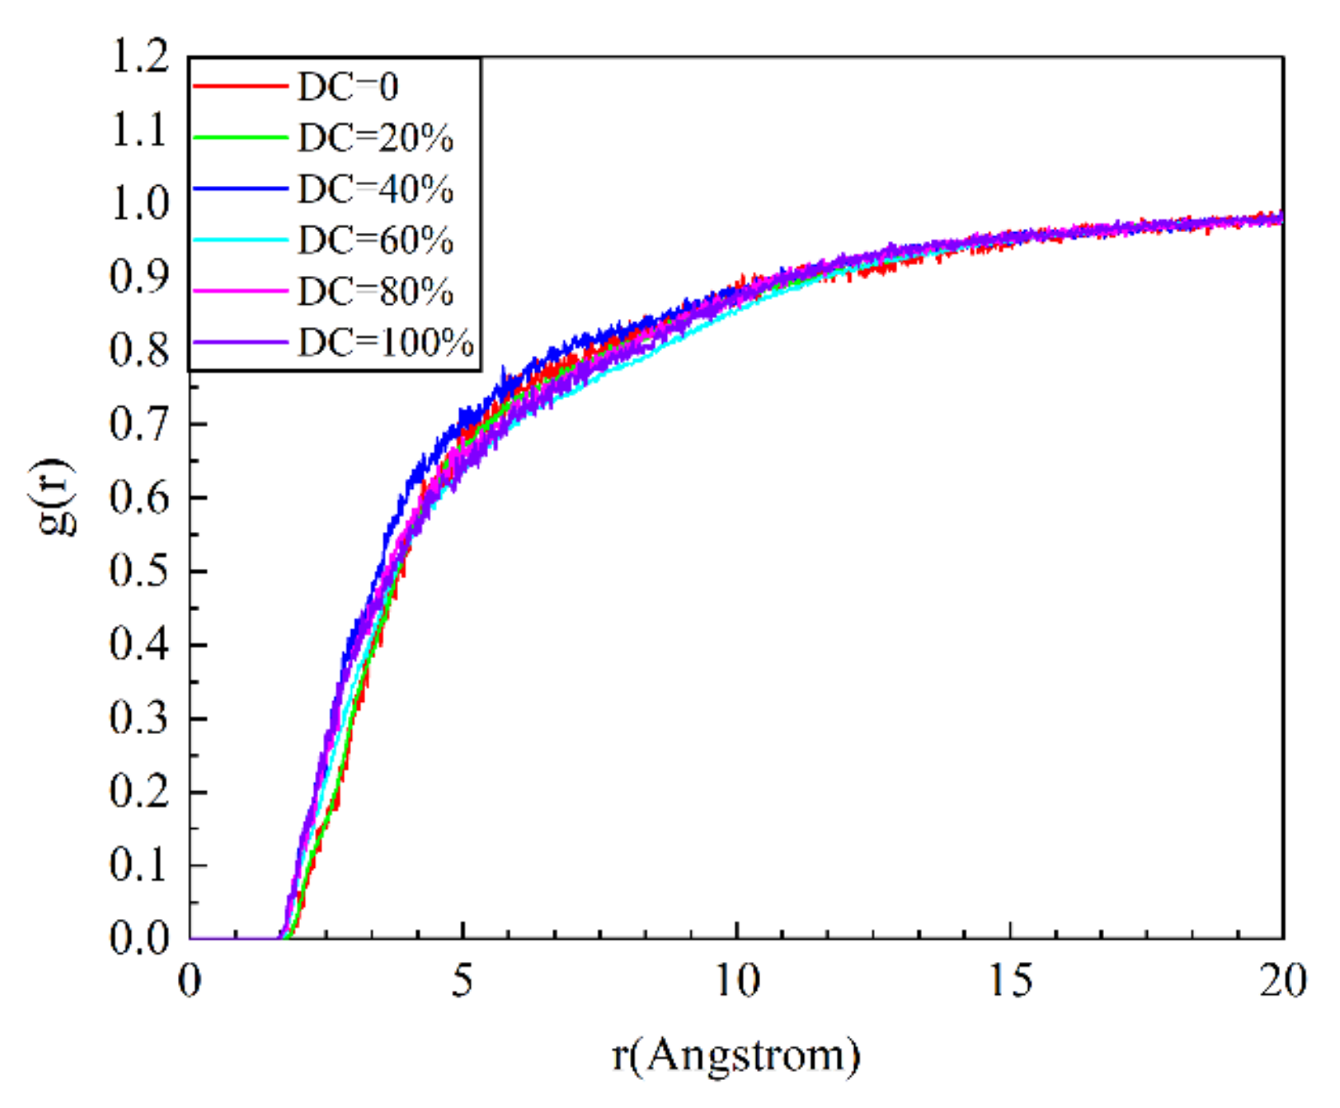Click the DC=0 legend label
coord(348,86)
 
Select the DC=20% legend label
coord(375,138)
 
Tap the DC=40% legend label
coord(375,189)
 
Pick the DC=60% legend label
coord(375,240)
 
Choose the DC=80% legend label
coord(375,291)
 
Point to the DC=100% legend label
coord(385,342)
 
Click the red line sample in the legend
coord(240,85)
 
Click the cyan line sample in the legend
coord(240,239)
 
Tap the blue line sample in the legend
coord(240,188)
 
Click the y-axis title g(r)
coord(57,496)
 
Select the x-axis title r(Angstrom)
coord(735,1056)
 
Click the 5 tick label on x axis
coord(463,980)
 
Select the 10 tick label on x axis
coord(736,980)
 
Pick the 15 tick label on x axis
coord(1010,980)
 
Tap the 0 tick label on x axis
coord(190,980)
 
